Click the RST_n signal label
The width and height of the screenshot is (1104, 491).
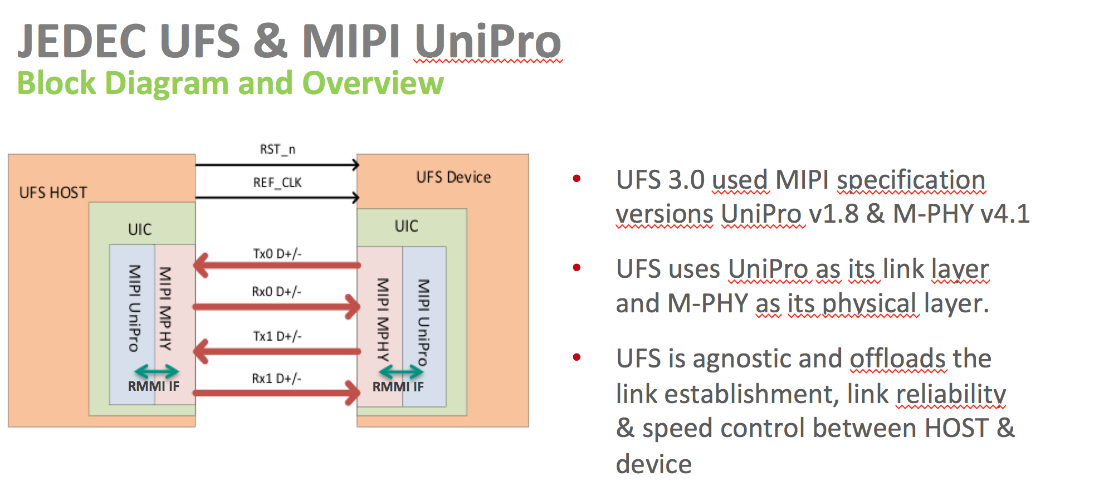point(277,149)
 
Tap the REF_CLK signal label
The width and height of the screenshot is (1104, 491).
point(277,183)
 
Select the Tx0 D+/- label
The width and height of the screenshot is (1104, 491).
point(277,254)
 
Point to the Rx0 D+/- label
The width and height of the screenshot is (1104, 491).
point(276,292)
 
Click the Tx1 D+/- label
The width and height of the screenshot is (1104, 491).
point(277,336)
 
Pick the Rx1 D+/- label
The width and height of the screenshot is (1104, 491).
point(276,379)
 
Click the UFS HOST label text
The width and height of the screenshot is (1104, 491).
point(53,193)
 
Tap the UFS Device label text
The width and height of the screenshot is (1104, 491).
point(453,178)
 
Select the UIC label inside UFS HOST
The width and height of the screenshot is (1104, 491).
point(139,229)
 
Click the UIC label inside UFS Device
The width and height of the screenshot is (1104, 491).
point(406,226)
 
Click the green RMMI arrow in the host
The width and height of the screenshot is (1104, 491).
point(157,371)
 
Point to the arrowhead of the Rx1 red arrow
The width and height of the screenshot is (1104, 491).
point(353,393)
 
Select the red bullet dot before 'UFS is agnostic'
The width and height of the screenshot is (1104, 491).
point(577,357)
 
